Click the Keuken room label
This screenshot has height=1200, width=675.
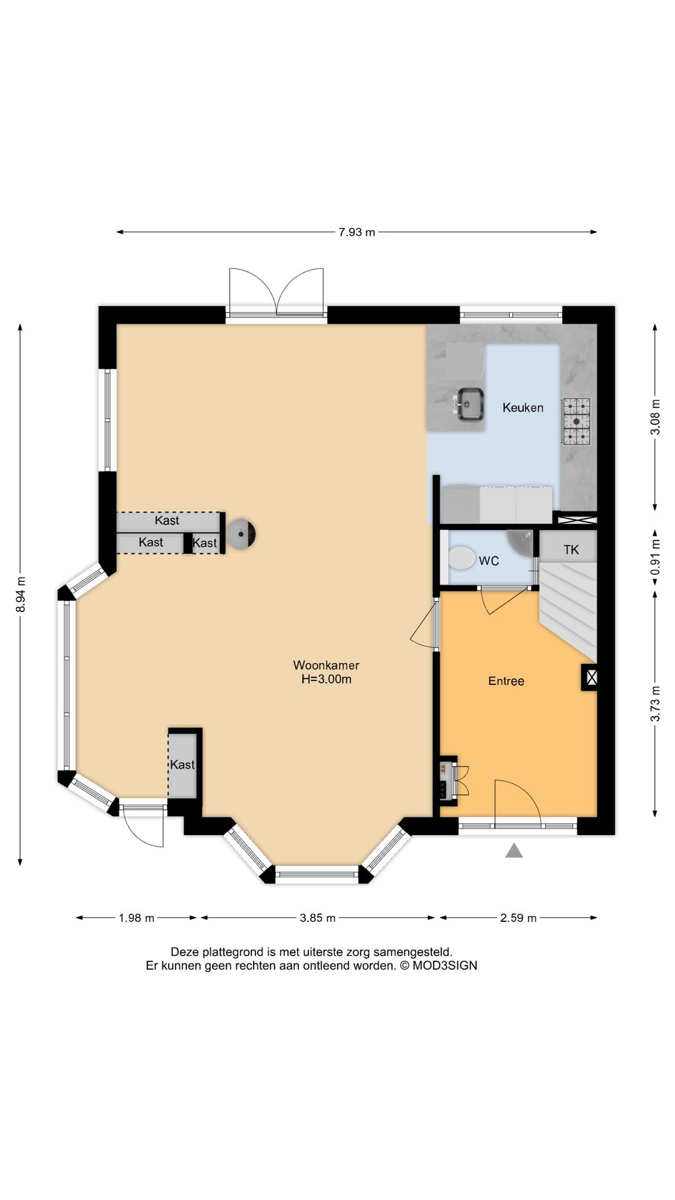pyautogui.click(x=522, y=407)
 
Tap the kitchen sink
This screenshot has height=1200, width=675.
pyautogui.click(x=469, y=404)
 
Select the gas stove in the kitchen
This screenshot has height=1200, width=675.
pyautogui.click(x=576, y=421)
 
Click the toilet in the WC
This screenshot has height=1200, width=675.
pyautogui.click(x=461, y=557)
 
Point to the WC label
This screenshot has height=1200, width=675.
pyautogui.click(x=489, y=561)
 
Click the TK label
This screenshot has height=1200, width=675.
pyautogui.click(x=571, y=550)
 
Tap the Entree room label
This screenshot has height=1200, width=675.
pyautogui.click(x=506, y=681)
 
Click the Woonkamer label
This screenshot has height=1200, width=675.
pyautogui.click(x=326, y=665)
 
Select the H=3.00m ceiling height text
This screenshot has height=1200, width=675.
pyautogui.click(x=326, y=679)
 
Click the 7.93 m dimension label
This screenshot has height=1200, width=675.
pyautogui.click(x=357, y=232)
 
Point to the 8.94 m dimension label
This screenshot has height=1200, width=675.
pyautogui.click(x=21, y=594)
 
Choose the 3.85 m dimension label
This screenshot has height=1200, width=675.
pyautogui.click(x=317, y=917)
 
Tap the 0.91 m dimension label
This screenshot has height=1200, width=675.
pyautogui.click(x=655, y=558)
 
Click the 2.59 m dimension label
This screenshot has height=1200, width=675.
pyautogui.click(x=518, y=917)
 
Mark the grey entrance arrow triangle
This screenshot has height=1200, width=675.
pyautogui.click(x=514, y=850)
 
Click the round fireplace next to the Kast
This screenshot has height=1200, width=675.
pyautogui.click(x=241, y=534)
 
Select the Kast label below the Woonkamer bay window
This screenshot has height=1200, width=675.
pyautogui.click(x=182, y=764)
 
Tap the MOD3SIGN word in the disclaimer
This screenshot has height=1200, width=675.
pyautogui.click(x=444, y=966)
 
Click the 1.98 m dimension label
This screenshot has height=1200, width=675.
pyautogui.click(x=136, y=917)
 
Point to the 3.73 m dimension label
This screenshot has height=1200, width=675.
pyautogui.click(x=655, y=704)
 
